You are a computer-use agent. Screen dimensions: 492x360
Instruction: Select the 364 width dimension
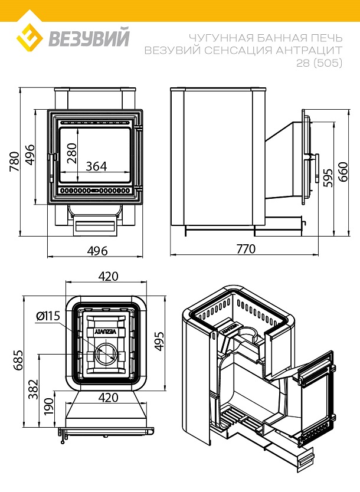click(x=96, y=166)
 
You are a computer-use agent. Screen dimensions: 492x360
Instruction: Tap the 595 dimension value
click(x=328, y=176)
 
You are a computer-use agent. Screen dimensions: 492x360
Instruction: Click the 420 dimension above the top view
click(x=107, y=277)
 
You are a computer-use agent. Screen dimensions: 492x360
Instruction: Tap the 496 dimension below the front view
click(x=97, y=251)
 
